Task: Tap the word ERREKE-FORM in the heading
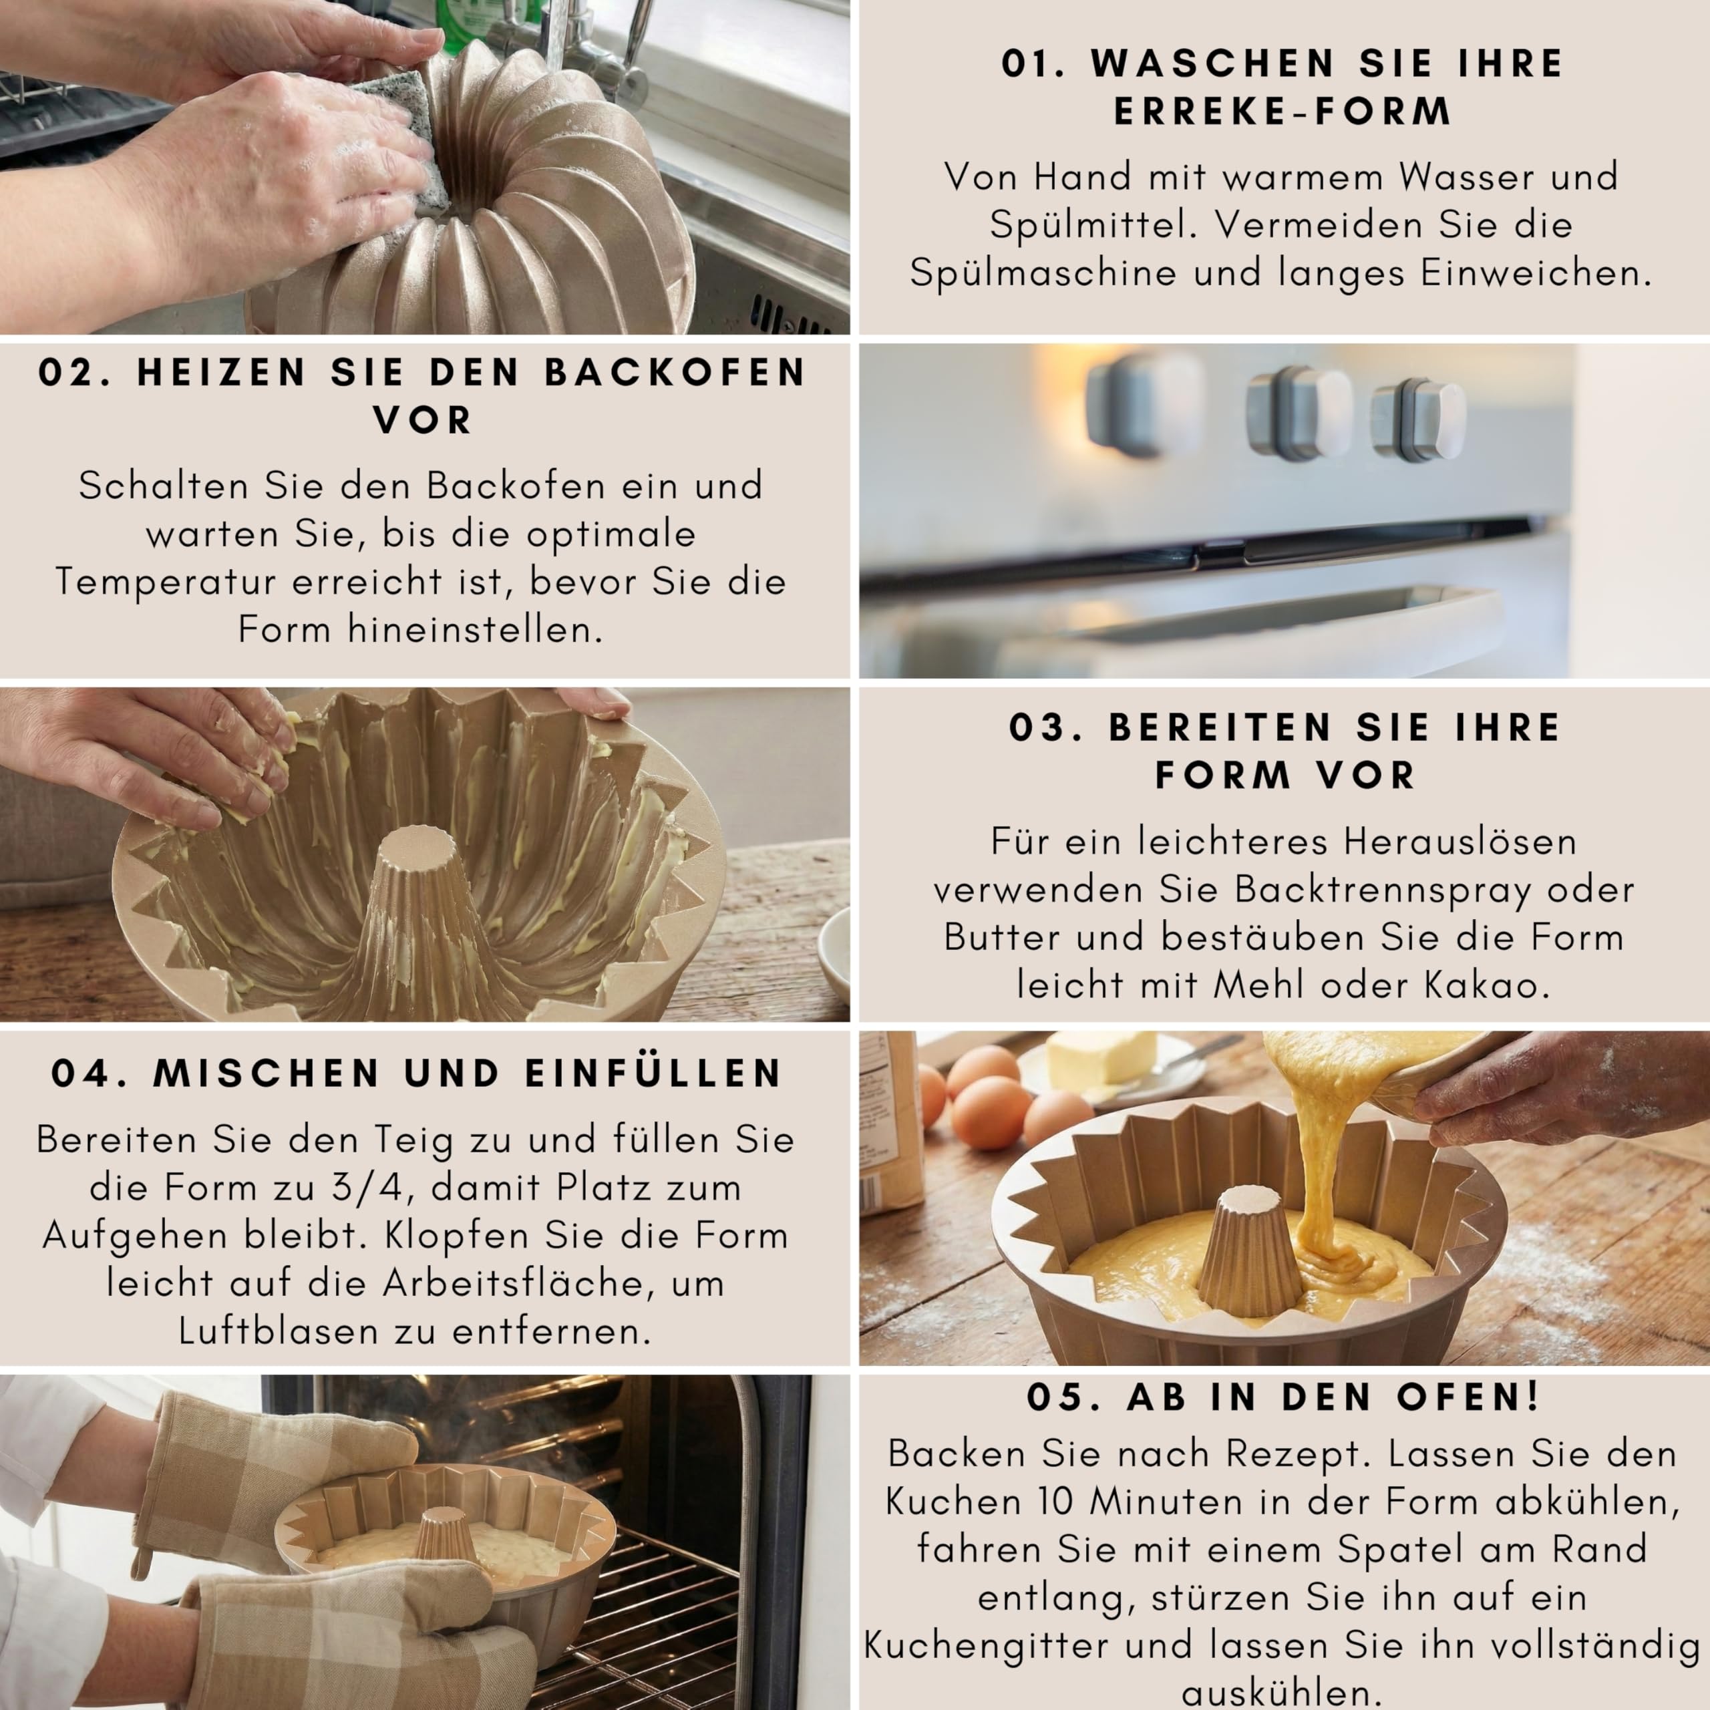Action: pyautogui.click(x=1282, y=112)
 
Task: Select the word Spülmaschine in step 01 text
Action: pyautogui.click(x=1043, y=273)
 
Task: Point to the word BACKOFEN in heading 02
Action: pyautogui.click(x=675, y=373)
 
